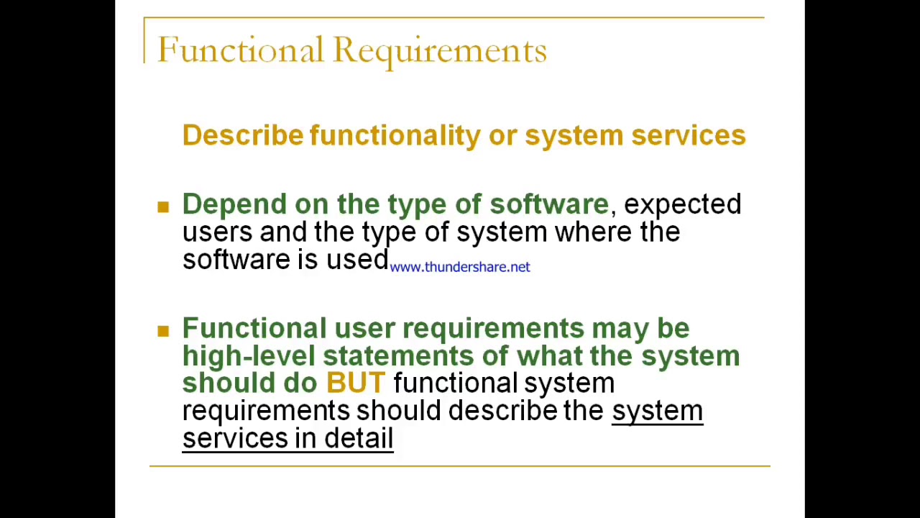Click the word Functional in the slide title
pos(240,50)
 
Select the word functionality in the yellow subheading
pos(395,136)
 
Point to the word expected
pos(682,205)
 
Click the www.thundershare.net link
pos(460,267)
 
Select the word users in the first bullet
pos(217,232)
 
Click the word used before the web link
pos(357,260)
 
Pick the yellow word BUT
pos(356,383)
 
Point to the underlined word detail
pos(359,438)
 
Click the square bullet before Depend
pos(163,207)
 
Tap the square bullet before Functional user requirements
pos(163,331)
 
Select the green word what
pos(549,356)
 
